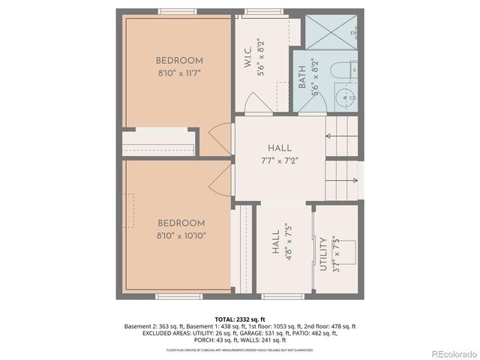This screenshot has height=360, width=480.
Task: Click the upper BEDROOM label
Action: tap(179, 61)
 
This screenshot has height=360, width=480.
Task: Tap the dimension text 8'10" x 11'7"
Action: tap(179, 73)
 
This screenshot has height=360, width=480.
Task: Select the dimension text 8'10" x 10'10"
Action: tap(181, 235)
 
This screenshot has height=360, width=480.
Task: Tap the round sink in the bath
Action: tap(345, 96)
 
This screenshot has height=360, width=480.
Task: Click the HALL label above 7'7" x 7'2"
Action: tap(280, 148)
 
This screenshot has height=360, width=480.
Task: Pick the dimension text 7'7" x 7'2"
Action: tap(280, 160)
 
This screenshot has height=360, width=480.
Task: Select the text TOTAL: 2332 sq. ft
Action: tap(240, 319)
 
